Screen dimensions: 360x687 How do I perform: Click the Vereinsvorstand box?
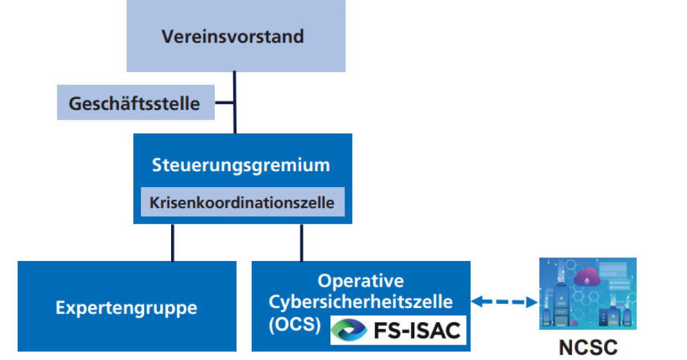(235, 36)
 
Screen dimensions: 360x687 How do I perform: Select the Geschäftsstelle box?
(135, 103)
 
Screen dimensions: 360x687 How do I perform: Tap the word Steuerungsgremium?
(241, 165)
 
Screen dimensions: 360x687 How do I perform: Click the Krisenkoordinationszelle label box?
(242, 203)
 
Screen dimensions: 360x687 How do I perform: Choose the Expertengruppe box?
(127, 307)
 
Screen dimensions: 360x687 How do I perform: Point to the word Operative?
(361, 281)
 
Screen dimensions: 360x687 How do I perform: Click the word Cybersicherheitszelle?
(361, 301)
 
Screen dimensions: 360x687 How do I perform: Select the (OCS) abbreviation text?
(294, 323)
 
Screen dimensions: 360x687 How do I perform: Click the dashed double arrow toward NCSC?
(504, 302)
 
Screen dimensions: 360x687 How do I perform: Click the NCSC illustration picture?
(588, 294)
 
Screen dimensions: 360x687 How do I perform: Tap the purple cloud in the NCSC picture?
(587, 278)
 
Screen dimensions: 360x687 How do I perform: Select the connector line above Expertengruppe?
(172, 242)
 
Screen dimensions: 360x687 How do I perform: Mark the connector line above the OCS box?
(302, 242)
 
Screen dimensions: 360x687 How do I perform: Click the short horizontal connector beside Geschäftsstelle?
(224, 103)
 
